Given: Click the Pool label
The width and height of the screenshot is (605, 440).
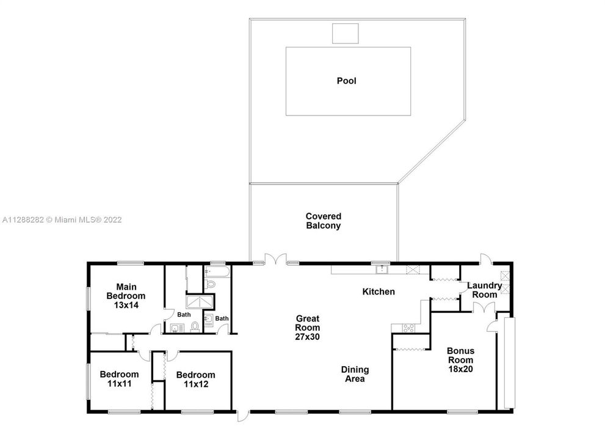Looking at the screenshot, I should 346,81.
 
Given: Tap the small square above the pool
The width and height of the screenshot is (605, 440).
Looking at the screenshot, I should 345,34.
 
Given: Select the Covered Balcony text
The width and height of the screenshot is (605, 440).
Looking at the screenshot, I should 323,221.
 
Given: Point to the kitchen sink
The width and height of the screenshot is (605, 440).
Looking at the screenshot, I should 382,268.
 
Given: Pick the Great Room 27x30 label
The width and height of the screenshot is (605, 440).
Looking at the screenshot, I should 308,327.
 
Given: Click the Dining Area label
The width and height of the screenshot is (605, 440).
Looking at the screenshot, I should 355,374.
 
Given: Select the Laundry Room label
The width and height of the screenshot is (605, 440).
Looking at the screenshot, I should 485,290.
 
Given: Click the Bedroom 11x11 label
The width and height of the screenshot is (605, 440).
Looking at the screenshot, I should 119,379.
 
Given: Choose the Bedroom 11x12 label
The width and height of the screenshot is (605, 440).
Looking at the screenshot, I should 195,379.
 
